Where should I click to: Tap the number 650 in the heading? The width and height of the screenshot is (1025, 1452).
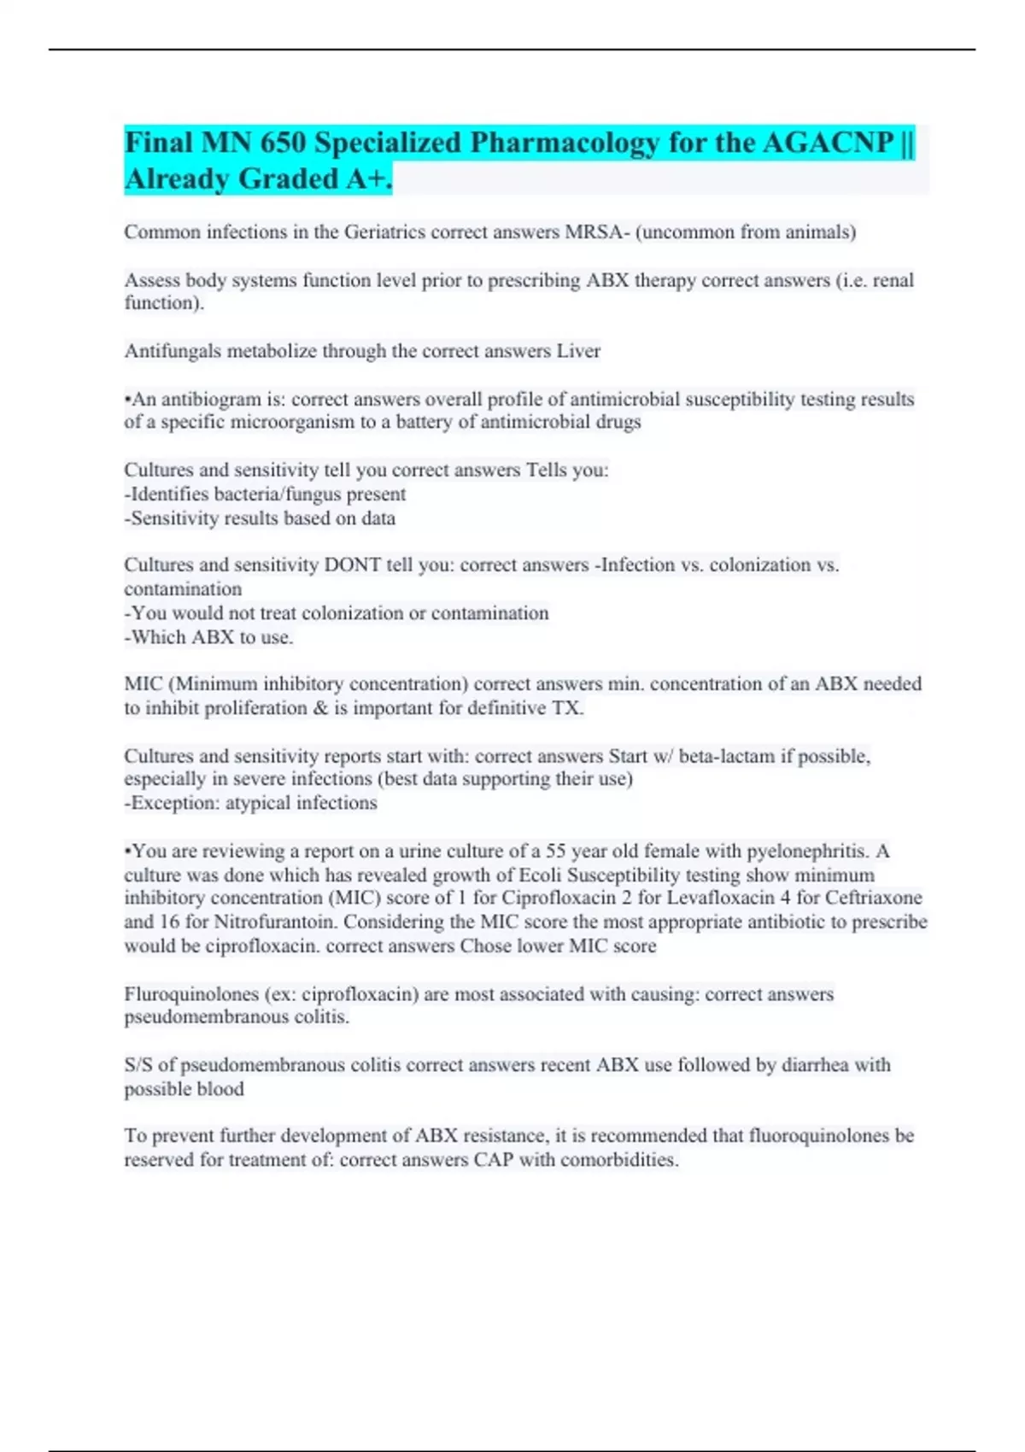[x=282, y=143]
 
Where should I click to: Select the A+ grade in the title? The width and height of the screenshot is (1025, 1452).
[x=369, y=179]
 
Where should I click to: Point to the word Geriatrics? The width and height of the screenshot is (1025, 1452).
[x=385, y=232]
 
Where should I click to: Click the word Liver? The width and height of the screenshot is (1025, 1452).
[x=578, y=351]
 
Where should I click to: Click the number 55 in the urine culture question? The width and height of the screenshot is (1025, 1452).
[x=556, y=852]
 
